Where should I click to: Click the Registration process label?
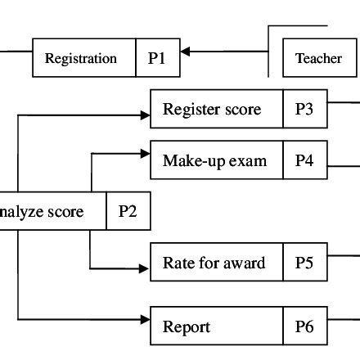point(81,58)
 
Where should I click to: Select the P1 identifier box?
point(157,58)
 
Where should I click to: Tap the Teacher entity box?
point(318,58)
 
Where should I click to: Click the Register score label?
point(212,110)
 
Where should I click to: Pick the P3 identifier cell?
point(304,110)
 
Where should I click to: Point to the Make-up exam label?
point(214,160)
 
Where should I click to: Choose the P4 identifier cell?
point(304,160)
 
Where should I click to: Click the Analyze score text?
point(42,212)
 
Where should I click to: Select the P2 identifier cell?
point(128,212)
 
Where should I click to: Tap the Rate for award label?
point(214,263)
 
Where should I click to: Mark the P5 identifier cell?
point(304,263)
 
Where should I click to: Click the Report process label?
point(187,327)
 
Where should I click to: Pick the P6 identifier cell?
point(304,327)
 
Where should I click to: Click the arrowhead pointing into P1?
point(185,52)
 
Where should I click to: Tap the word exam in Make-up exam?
point(249,160)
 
